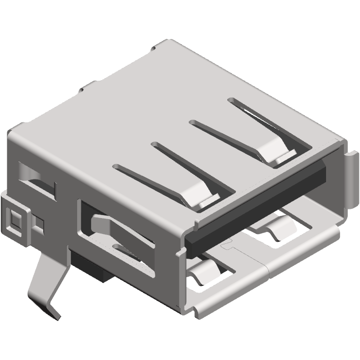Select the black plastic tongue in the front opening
point(257,206)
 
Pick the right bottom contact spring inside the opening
point(275,229)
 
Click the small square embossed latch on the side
point(15,219)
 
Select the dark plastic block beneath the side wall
point(93,267)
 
